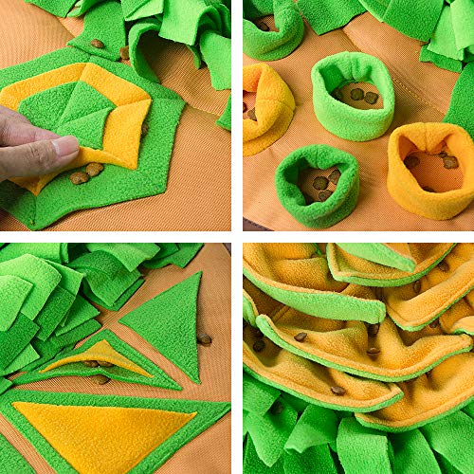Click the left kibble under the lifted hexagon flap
(x=79, y=177)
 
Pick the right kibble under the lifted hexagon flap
(x=95, y=170)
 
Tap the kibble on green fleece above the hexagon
(x=97, y=44)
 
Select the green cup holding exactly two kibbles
(x=352, y=96)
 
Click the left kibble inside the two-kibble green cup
(x=355, y=94)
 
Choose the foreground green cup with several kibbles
(x=318, y=185)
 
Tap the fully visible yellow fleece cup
(x=431, y=169)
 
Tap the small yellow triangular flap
(x=95, y=357)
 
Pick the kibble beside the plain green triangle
(x=204, y=339)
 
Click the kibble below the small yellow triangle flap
(x=100, y=379)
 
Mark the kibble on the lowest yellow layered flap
(x=337, y=390)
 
